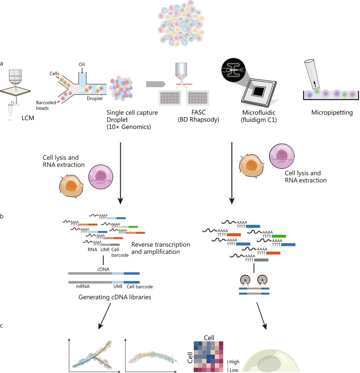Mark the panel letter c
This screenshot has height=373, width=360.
[x=4, y=326]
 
